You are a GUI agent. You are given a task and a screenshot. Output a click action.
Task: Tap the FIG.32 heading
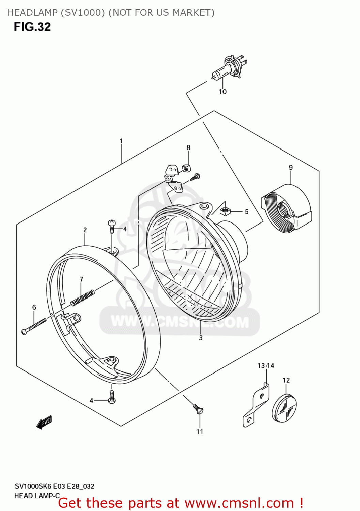[32, 27]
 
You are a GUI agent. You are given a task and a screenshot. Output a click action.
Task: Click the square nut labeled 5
[225, 211]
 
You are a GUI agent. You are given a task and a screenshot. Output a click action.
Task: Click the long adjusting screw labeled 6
[34, 326]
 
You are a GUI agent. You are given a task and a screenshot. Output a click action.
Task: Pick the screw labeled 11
[198, 409]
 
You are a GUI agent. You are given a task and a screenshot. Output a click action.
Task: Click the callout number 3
[201, 338]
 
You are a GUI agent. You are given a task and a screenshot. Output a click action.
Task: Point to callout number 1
[121, 141]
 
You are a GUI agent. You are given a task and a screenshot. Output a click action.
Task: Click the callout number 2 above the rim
[85, 230]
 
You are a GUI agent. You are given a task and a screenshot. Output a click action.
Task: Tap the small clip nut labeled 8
[186, 168]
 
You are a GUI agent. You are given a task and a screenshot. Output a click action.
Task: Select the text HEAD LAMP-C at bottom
[37, 496]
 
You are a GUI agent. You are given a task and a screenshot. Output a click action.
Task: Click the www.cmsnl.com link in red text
[239, 503]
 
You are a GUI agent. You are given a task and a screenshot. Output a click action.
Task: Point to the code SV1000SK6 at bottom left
[33, 486]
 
